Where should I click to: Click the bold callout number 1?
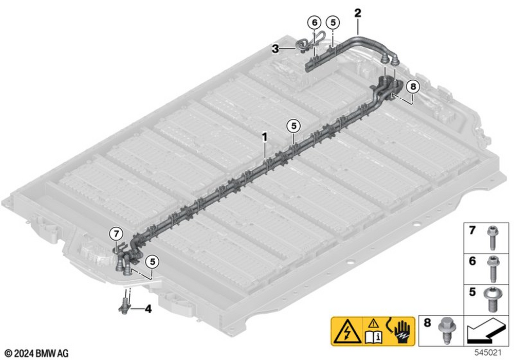(x=265, y=137)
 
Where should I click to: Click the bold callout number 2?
(x=358, y=13)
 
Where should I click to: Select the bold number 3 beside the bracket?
(x=276, y=49)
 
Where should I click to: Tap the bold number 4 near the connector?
(x=148, y=309)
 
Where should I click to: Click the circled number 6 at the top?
(x=315, y=23)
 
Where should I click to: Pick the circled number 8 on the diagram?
(x=413, y=86)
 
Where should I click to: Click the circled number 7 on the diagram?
(x=116, y=234)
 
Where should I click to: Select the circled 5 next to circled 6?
(x=333, y=23)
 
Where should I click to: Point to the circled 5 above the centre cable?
(x=293, y=126)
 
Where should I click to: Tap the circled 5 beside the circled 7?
(x=152, y=262)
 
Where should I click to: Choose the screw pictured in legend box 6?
(x=493, y=269)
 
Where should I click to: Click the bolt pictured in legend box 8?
(x=446, y=330)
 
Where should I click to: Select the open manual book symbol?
(x=374, y=336)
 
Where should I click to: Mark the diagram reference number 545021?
(x=488, y=353)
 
